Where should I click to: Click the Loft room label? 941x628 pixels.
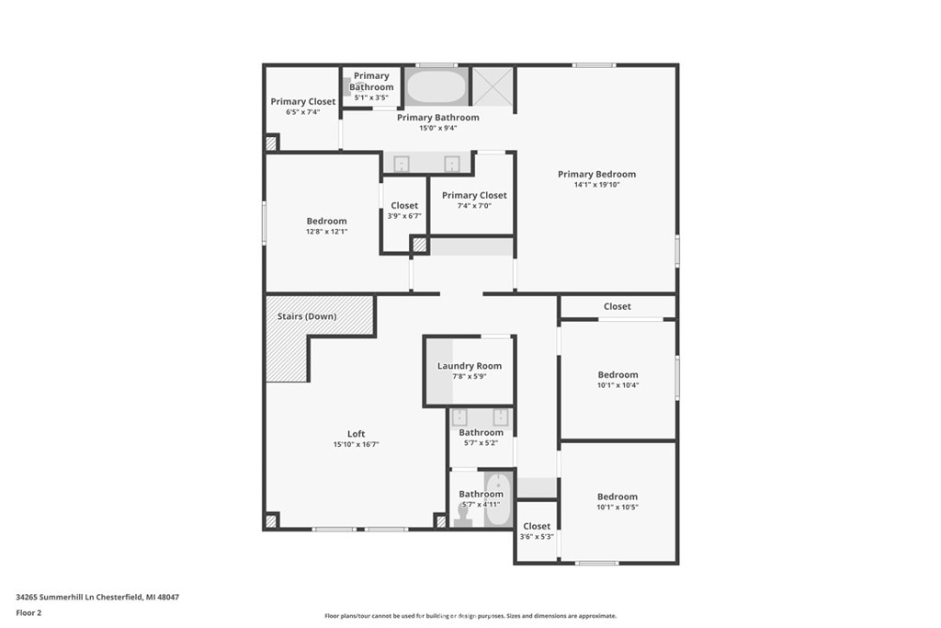(356, 434)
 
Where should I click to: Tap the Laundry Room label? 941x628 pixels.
(470, 366)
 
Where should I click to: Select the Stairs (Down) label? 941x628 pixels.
(307, 316)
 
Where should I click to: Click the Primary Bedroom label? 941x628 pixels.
(596, 174)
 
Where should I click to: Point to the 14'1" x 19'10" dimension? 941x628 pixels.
(596, 185)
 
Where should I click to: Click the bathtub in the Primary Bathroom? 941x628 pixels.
(436, 86)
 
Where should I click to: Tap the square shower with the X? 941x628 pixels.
(493, 87)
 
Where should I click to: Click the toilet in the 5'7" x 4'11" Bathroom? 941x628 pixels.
(462, 514)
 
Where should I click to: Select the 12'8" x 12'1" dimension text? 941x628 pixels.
(326, 232)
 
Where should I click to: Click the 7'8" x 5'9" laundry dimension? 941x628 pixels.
(470, 377)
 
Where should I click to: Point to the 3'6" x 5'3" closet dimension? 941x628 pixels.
(537, 537)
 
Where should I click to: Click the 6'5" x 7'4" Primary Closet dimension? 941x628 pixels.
(302, 112)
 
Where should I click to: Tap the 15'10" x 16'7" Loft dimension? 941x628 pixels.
(356, 445)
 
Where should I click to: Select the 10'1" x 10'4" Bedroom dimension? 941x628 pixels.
(618, 385)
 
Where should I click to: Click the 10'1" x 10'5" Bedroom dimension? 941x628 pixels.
(618, 508)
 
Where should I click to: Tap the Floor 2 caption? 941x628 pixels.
(29, 612)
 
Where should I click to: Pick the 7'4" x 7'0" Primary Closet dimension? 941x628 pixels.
(474, 206)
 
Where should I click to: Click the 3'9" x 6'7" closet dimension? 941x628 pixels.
(404, 216)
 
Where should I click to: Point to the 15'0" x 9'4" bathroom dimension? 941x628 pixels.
(437, 128)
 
